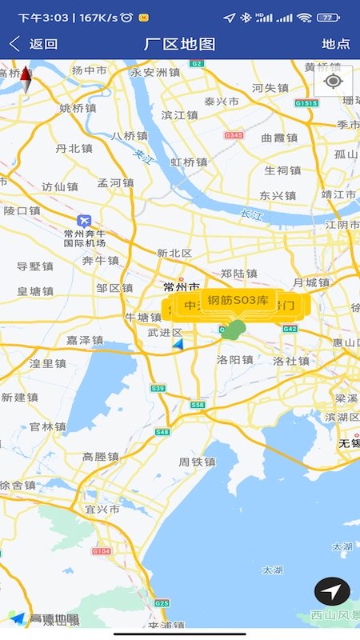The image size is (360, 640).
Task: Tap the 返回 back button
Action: [34, 44]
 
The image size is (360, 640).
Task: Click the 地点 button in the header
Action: [335, 44]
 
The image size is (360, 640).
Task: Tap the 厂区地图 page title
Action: [180, 44]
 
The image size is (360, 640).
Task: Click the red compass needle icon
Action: [26, 78]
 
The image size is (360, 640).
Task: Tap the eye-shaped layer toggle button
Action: [334, 81]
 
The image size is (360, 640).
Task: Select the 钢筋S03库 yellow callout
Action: [238, 301]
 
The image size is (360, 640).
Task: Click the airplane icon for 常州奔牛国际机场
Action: [84, 221]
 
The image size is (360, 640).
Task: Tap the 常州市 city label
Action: [181, 286]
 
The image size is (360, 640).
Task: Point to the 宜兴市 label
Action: [102, 509]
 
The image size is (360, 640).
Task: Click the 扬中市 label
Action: [89, 70]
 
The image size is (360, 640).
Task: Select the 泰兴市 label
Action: [222, 102]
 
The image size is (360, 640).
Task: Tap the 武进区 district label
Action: [166, 333]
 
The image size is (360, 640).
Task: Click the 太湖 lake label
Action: [272, 570]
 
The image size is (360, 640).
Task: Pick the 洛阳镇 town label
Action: [235, 360]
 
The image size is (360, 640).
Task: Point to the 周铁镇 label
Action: [197, 462]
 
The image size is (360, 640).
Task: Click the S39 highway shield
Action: [158, 388]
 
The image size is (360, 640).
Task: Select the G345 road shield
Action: [234, 135]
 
